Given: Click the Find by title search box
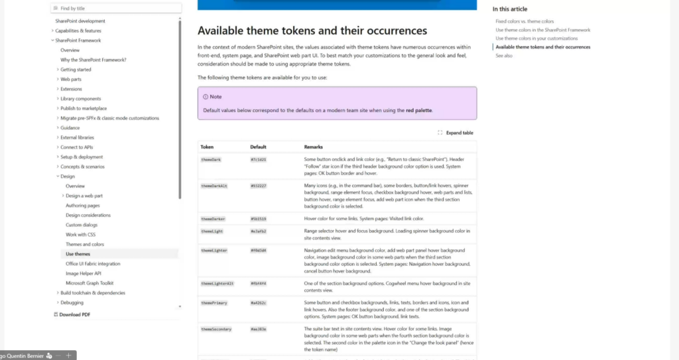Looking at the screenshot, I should click(x=116, y=9).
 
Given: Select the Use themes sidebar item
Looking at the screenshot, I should click(x=78, y=254).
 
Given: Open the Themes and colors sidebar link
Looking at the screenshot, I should click(x=85, y=244).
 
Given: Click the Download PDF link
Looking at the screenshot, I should click(x=74, y=314).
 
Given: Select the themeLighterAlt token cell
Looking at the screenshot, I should click(x=217, y=283).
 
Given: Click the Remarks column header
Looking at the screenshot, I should click(x=314, y=147).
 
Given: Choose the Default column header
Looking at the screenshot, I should click(x=258, y=147).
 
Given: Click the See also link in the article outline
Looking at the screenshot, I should click(x=504, y=56).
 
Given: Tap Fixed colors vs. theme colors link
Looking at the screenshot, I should click(x=525, y=21).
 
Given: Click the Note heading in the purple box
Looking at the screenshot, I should click(x=216, y=97).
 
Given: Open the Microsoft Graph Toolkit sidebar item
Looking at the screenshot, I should click(x=90, y=283).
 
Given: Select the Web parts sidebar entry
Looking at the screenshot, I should click(x=70, y=79).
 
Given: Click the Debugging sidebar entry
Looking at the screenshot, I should click(x=72, y=302).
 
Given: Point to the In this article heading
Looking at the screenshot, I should click(x=510, y=9).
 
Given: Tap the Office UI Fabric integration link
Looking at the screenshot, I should click(x=93, y=263).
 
